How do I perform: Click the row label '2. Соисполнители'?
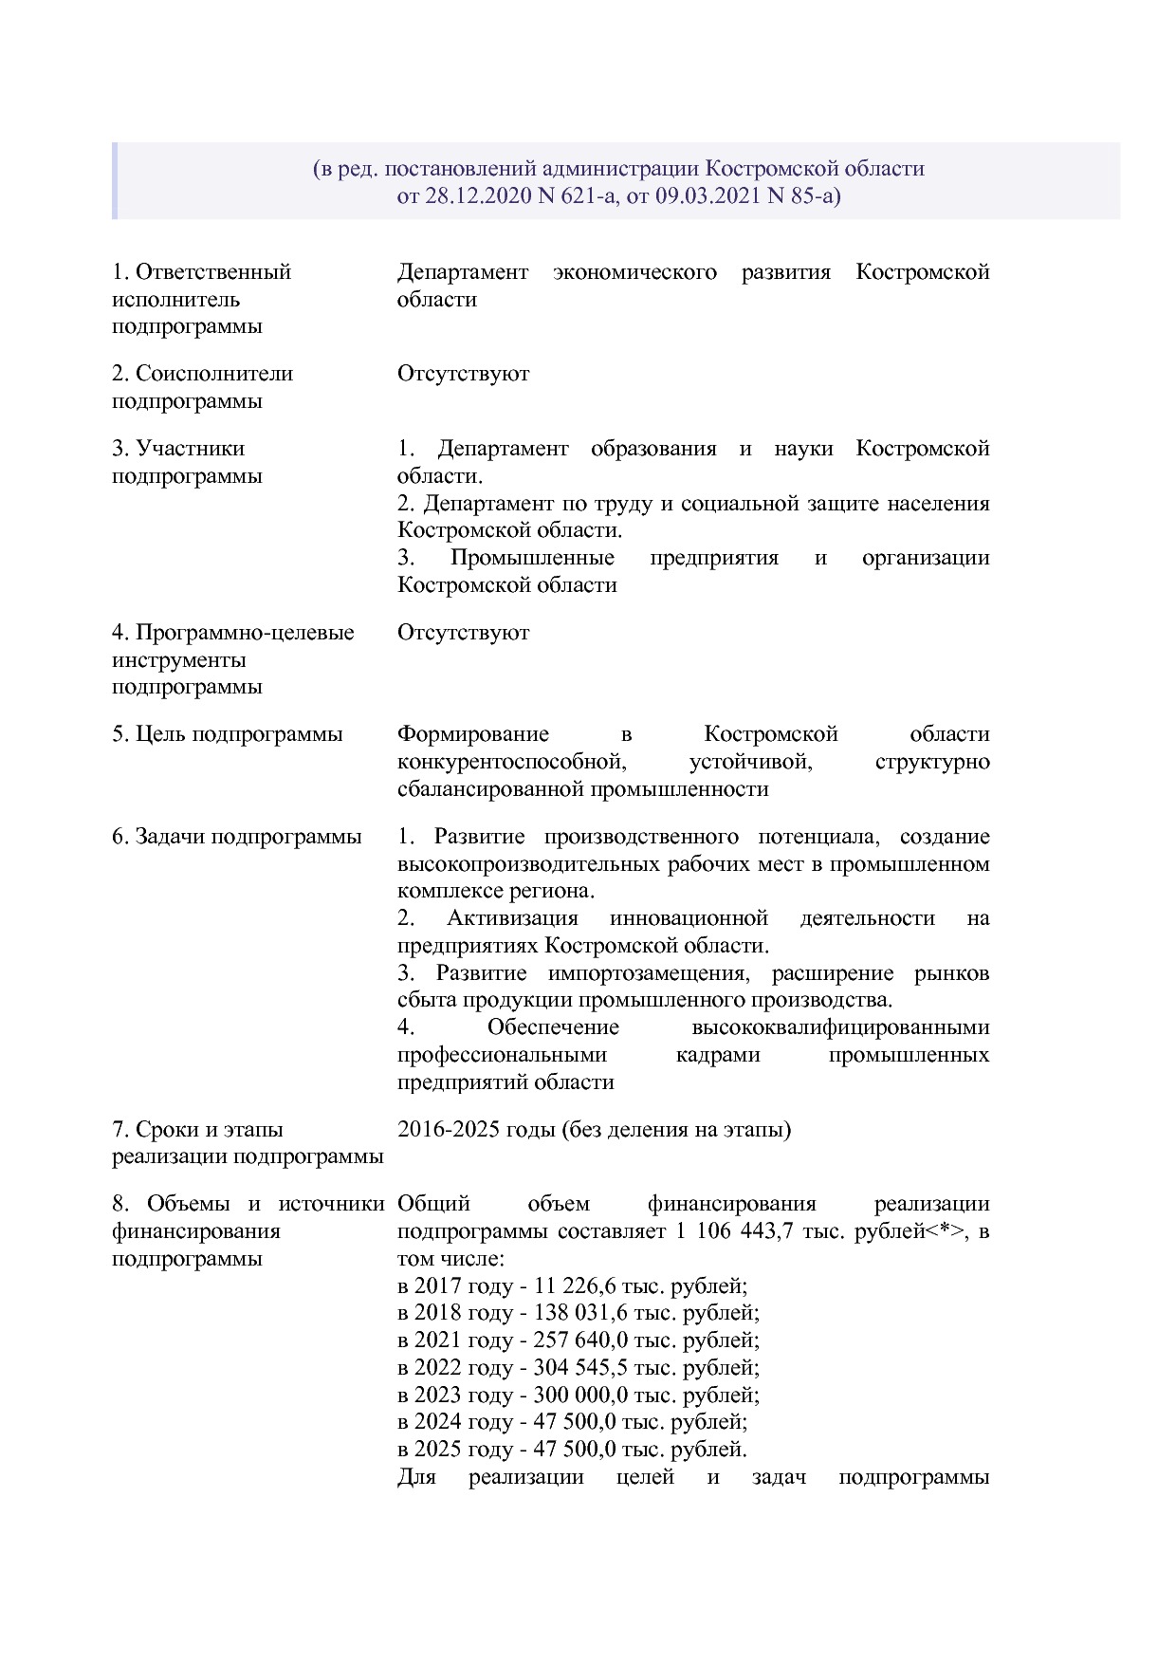(x=202, y=374)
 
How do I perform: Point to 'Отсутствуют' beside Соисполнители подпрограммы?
(x=463, y=374)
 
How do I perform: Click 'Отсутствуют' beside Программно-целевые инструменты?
(x=463, y=633)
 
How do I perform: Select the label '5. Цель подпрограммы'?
(x=227, y=734)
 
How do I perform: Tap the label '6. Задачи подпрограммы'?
(x=236, y=837)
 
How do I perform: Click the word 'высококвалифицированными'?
(x=840, y=1027)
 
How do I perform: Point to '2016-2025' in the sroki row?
(x=443, y=1130)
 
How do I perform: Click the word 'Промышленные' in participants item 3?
(x=531, y=558)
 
